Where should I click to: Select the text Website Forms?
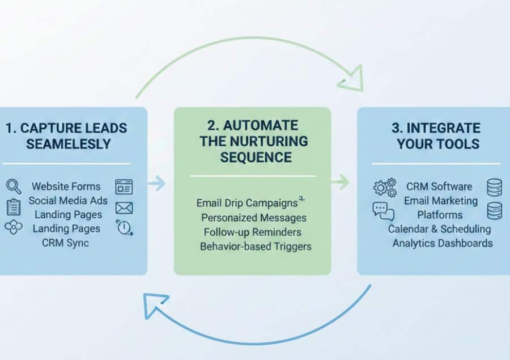pyautogui.click(x=66, y=186)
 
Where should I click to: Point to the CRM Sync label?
pyautogui.click(x=66, y=243)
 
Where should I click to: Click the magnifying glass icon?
pyautogui.click(x=13, y=186)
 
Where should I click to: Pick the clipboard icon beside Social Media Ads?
pyautogui.click(x=13, y=207)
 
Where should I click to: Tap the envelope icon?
pyautogui.click(x=124, y=207)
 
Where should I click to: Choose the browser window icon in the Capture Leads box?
pyautogui.click(x=124, y=187)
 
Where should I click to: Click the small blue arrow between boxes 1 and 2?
pyautogui.click(x=157, y=183)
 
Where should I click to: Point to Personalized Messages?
pyautogui.click(x=253, y=217)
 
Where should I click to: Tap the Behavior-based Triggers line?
pyautogui.click(x=256, y=246)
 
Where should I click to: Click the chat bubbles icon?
pyautogui.click(x=383, y=211)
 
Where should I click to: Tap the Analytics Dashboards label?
pyautogui.click(x=443, y=243)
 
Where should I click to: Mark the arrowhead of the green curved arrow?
pyautogui.click(x=351, y=79)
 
